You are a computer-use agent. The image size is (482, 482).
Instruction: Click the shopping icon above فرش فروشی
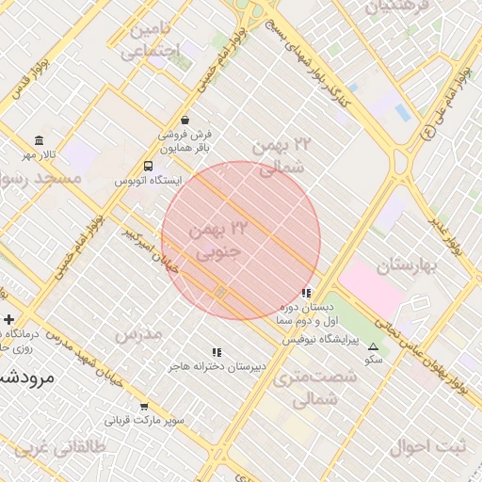click(185, 120)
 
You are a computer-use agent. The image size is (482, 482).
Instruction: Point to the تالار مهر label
click(40, 153)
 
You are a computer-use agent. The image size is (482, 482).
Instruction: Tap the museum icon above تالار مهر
click(39, 139)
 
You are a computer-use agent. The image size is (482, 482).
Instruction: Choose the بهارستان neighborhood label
click(407, 265)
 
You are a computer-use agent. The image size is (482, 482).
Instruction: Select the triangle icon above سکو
click(374, 346)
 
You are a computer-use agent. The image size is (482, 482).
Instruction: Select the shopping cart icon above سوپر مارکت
click(143, 407)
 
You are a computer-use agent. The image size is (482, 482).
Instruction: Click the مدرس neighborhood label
click(138, 333)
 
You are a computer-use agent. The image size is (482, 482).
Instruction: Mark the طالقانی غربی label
click(44, 448)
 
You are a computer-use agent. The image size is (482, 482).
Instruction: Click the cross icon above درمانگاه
click(8, 320)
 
